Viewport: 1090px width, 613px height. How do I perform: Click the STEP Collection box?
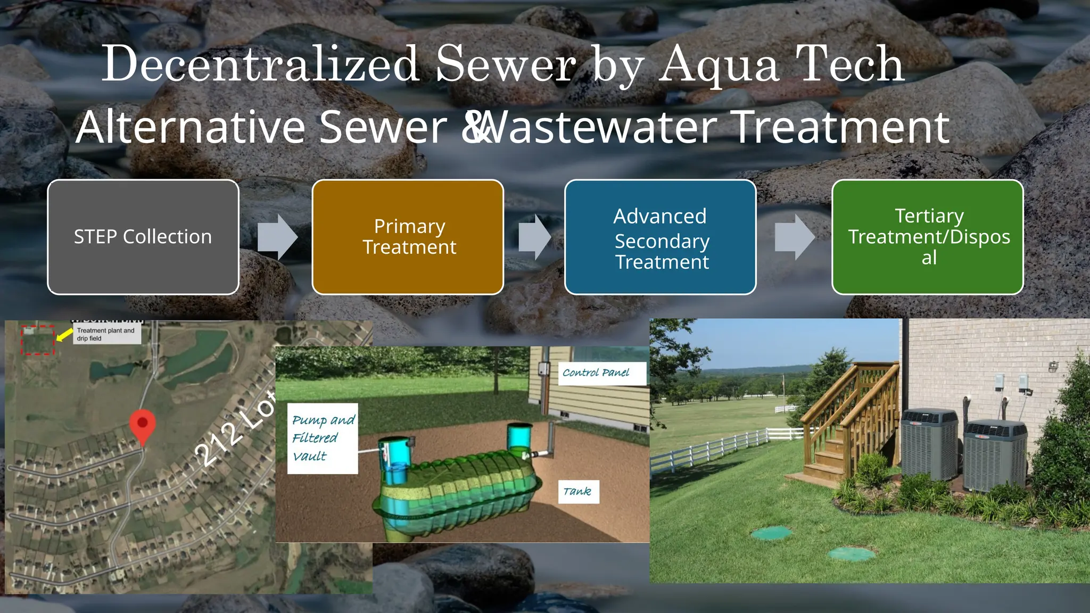point(143,237)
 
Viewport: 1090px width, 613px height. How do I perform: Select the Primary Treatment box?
point(408,237)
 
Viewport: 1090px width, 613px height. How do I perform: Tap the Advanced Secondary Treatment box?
point(660,237)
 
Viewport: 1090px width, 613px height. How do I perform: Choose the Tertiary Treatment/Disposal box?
point(927,237)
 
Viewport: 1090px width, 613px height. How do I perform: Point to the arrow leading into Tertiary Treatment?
point(794,237)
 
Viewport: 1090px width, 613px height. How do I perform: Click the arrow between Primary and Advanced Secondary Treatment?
point(534,237)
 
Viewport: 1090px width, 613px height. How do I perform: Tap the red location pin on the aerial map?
point(143,425)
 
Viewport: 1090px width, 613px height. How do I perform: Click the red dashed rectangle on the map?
point(38,340)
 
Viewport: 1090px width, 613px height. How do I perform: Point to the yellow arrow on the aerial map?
point(64,335)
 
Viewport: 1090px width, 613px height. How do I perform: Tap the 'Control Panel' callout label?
point(596,373)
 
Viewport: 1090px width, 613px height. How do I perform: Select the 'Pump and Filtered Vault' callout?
point(323,438)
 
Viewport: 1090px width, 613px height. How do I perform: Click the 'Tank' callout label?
point(577,492)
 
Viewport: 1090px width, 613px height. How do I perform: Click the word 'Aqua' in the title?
point(719,65)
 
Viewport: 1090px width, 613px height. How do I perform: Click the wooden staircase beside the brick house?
point(846,420)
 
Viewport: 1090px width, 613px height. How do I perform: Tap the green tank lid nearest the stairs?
point(770,532)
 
